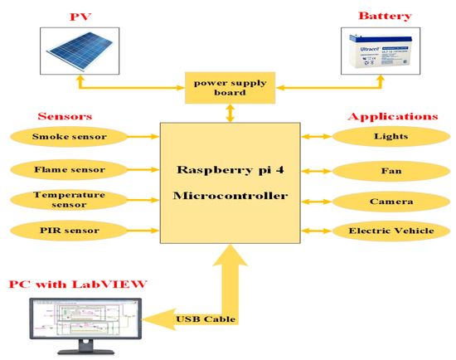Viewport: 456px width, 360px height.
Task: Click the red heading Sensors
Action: (x=65, y=117)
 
